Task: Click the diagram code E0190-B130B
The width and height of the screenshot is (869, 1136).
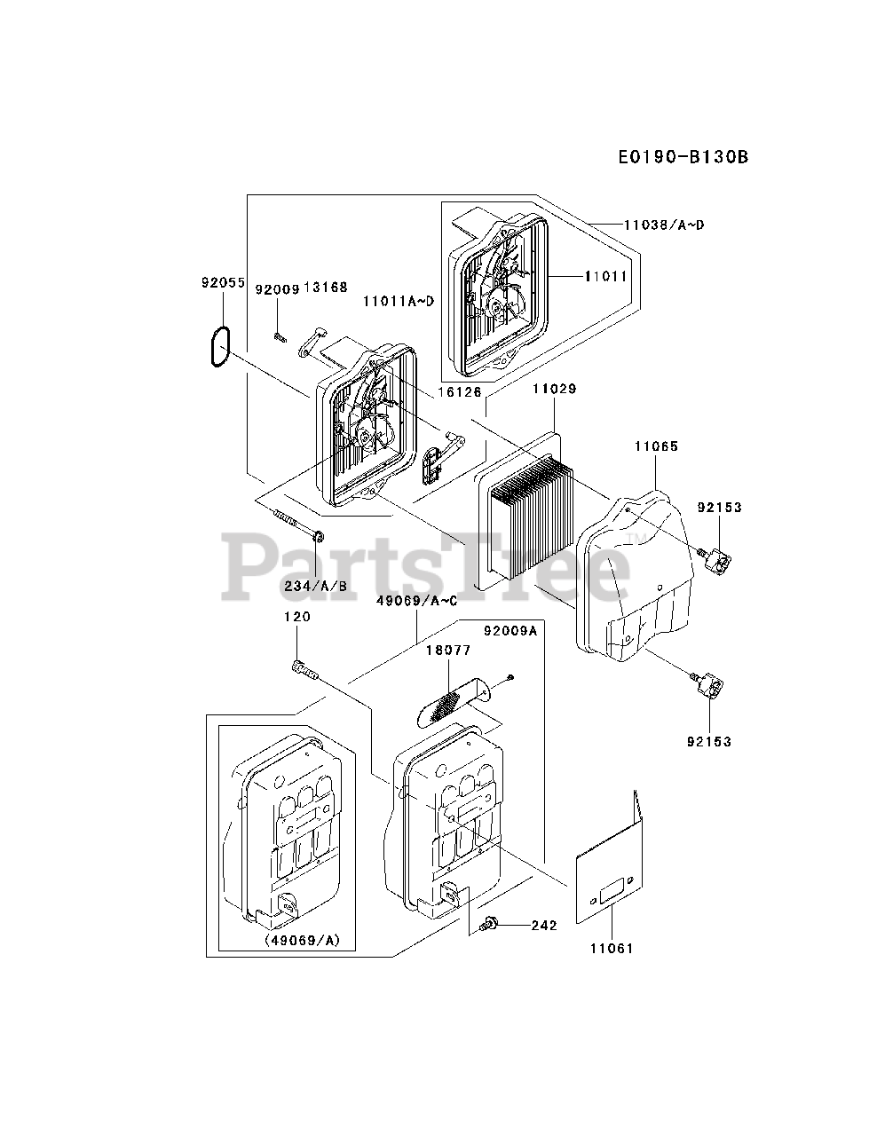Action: point(683,157)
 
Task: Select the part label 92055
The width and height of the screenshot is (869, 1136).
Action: point(222,284)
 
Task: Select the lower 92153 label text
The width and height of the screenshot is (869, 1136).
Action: point(708,741)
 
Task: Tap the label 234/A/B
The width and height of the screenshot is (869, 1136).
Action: point(315,586)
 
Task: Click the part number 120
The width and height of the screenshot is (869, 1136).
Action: point(297,617)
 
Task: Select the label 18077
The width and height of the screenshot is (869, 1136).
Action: point(448,651)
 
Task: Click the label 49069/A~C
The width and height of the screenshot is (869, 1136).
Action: point(416,601)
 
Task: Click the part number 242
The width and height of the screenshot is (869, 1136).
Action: point(543,926)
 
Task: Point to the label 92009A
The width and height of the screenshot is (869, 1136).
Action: point(510,631)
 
